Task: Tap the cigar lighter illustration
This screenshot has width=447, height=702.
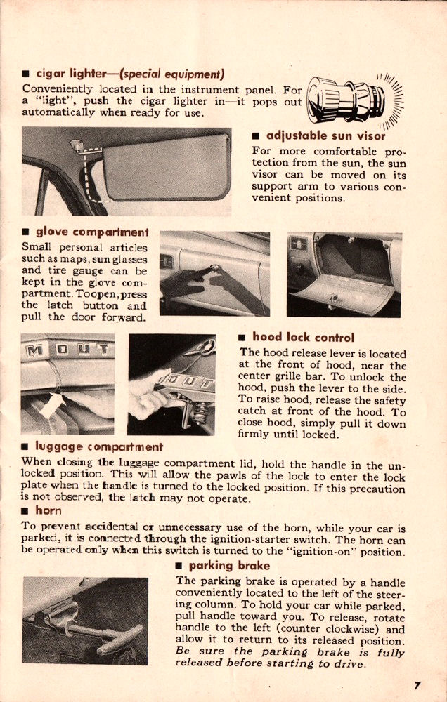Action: tap(347, 100)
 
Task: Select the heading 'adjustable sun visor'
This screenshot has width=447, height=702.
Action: tap(325, 135)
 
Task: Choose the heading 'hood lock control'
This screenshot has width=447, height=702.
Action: tap(303, 337)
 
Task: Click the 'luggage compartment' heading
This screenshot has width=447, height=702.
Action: tap(99, 446)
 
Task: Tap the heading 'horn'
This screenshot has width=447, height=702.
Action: tap(48, 510)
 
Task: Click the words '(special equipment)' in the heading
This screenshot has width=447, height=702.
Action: tap(181, 74)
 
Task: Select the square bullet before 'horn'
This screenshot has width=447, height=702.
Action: tap(26, 511)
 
